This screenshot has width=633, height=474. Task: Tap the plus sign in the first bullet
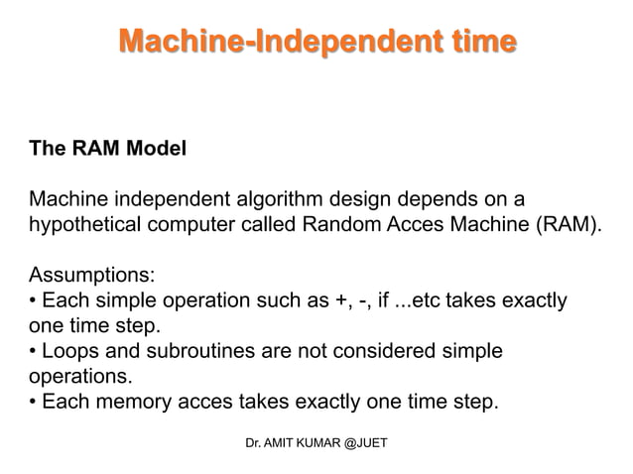(x=324, y=299)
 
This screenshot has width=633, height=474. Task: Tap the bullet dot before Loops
(x=35, y=352)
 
